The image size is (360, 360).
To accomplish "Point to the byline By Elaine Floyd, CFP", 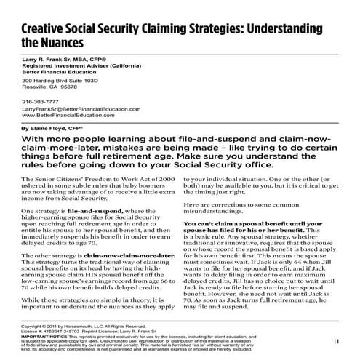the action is [57, 127].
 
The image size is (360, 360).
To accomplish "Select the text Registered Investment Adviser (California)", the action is [80, 66].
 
